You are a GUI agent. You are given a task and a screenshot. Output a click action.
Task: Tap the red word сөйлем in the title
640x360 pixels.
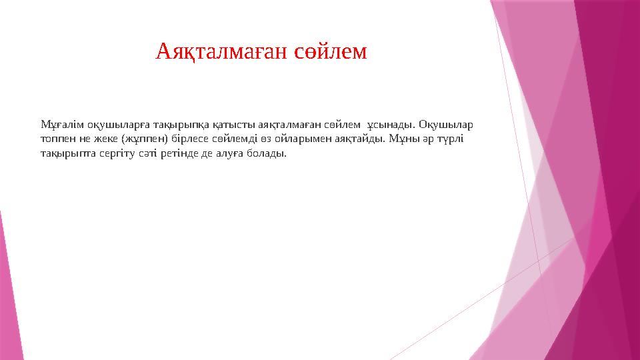click(330, 51)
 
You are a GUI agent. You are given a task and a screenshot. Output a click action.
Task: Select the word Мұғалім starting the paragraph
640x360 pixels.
click(57, 125)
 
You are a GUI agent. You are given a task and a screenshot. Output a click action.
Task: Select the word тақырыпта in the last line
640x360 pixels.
click(64, 154)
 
